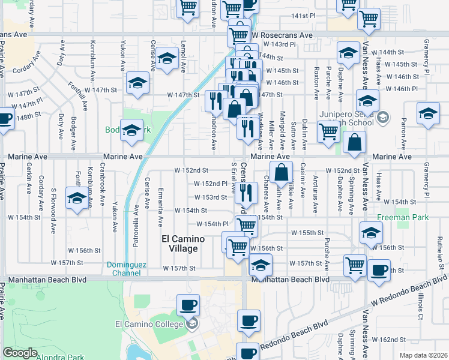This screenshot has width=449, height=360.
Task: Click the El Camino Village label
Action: [183, 244]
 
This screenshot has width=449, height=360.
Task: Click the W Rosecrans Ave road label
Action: [282, 35]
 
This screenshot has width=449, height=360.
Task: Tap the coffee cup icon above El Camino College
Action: [188, 304]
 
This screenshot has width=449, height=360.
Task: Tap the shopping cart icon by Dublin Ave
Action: [328, 131]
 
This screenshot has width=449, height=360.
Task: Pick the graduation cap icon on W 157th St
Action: [261, 263]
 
